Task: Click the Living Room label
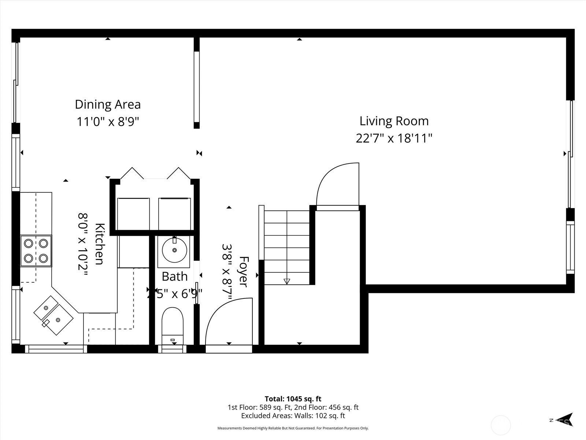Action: (394, 121)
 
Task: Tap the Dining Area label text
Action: (108, 104)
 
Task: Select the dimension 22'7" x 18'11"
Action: (394, 139)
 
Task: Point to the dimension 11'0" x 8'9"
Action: (108, 121)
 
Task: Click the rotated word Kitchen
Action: (100, 243)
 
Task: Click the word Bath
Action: (174, 276)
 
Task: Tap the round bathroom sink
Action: (174, 250)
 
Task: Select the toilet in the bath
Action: (172, 323)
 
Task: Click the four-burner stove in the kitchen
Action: (36, 251)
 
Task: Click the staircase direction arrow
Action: (287, 281)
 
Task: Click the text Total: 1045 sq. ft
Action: (293, 399)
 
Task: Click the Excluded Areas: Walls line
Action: (293, 416)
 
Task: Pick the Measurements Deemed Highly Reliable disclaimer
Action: (293, 428)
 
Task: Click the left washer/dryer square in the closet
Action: (133, 214)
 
